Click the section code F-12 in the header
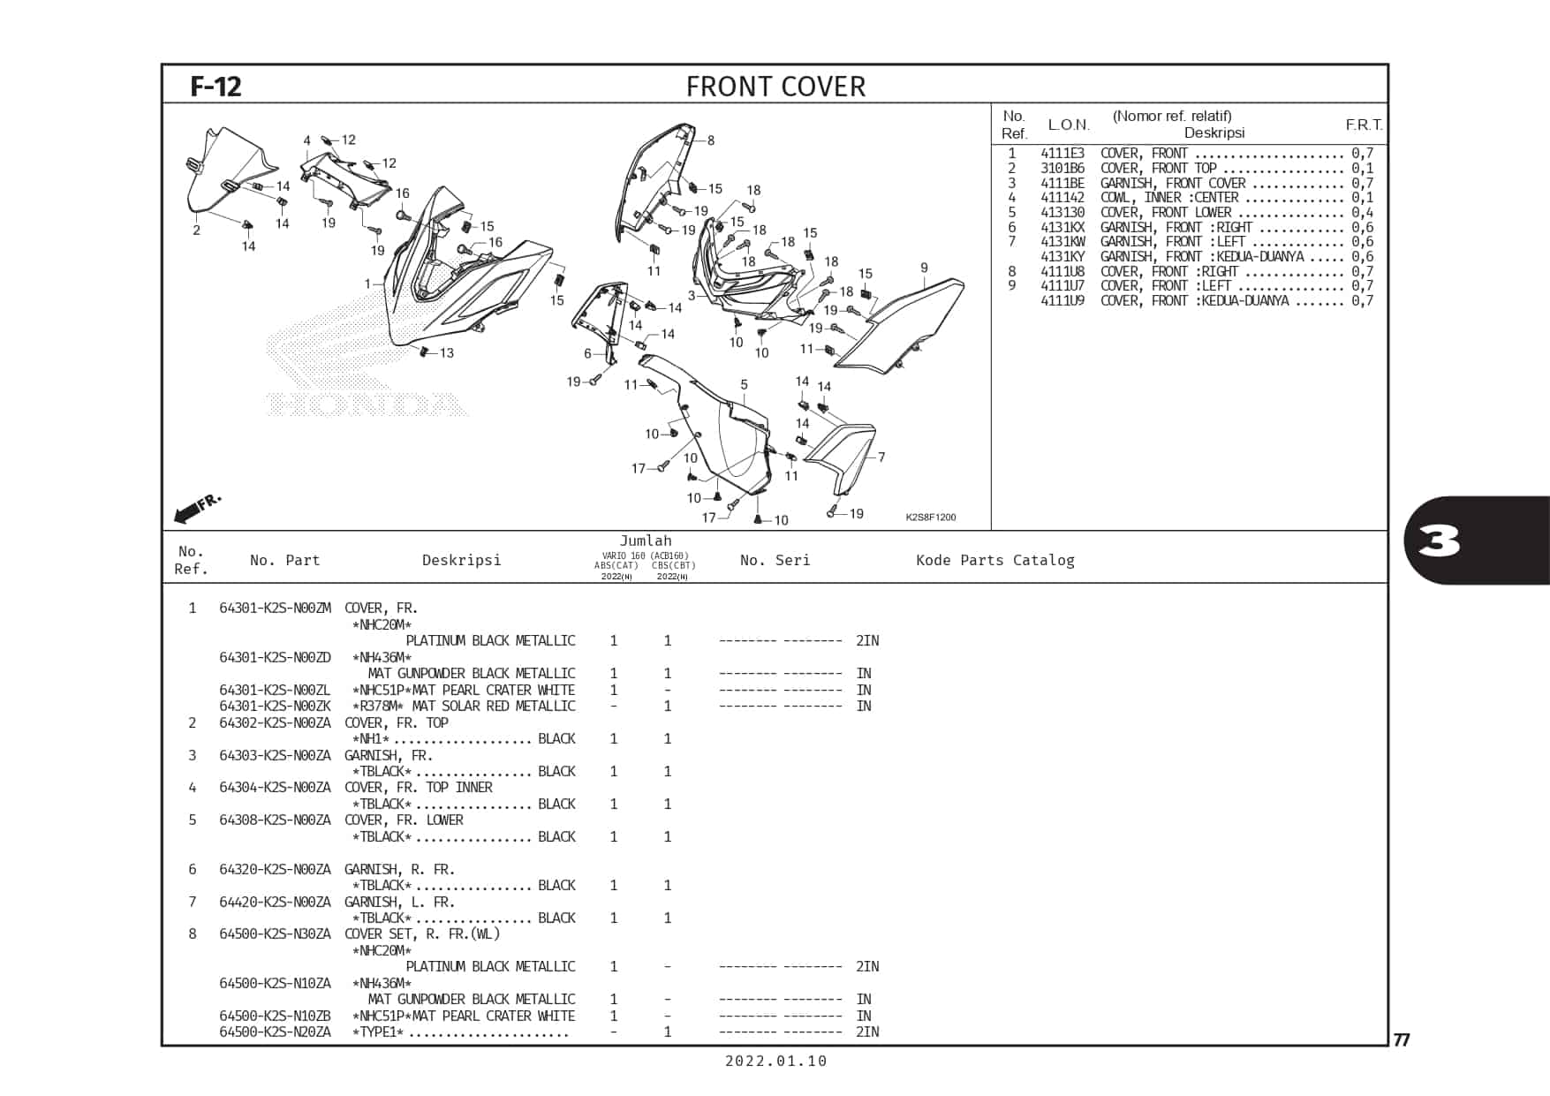pyautogui.click(x=215, y=87)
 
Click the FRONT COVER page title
pyautogui.click(x=775, y=87)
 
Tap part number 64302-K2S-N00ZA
pyautogui.click(x=275, y=722)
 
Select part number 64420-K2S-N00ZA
pyautogui.click(x=275, y=902)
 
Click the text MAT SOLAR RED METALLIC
pyautogui.click(x=494, y=706)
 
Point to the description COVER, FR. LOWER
pyautogui.click(x=404, y=820)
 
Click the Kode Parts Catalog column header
pyautogui.click(x=995, y=560)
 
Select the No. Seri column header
pyautogui.click(x=775, y=560)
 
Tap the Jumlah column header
pyautogui.click(x=646, y=540)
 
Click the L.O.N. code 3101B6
pyautogui.click(x=1062, y=168)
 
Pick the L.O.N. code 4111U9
pyautogui.click(x=1062, y=300)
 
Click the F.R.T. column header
pyautogui.click(x=1365, y=125)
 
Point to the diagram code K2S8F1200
pyautogui.click(x=931, y=518)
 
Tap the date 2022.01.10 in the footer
pyautogui.click(x=776, y=1062)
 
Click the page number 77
pyautogui.click(x=1402, y=1039)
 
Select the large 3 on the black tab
pyautogui.click(x=1440, y=541)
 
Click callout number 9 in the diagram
pyautogui.click(x=924, y=268)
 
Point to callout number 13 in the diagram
pyautogui.click(x=447, y=353)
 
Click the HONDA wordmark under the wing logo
pyautogui.click(x=367, y=404)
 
